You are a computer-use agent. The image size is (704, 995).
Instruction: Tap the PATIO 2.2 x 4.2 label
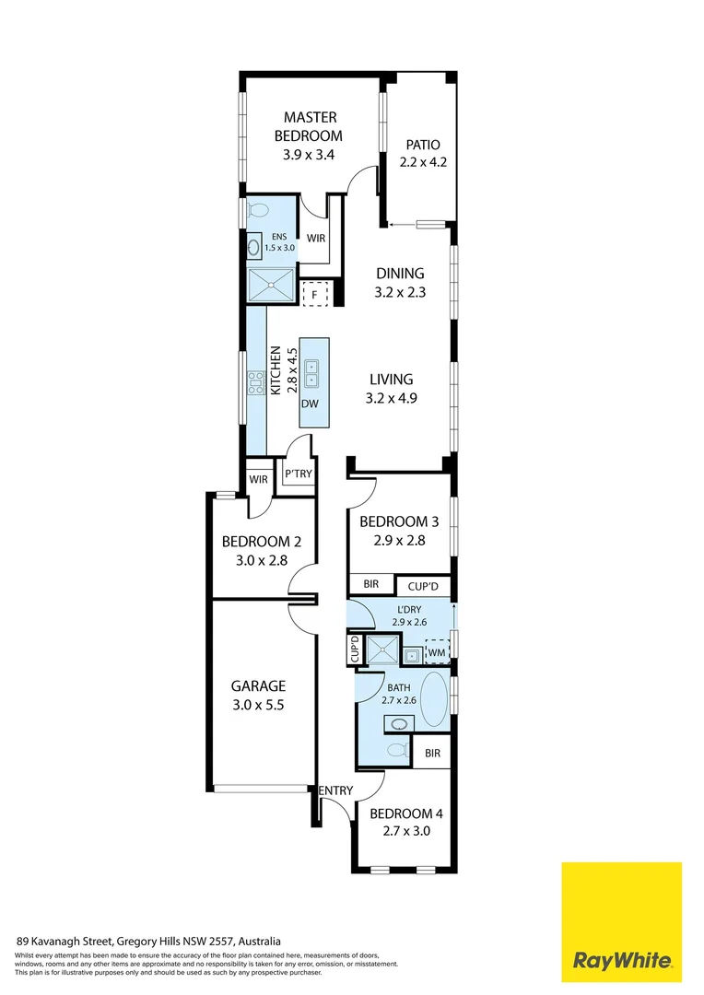pos(422,153)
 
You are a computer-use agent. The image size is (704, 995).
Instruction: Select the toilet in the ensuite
pos(257,208)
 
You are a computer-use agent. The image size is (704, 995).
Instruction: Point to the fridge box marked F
pos(314,294)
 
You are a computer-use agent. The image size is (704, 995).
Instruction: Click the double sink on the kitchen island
pos(311,371)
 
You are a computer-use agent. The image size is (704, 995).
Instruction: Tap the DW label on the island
pos(311,404)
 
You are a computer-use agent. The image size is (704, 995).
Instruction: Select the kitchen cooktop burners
pos(254,382)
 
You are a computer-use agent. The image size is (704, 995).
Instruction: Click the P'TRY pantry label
pos(298,474)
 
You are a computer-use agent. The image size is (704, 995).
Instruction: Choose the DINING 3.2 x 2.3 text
pos(400,282)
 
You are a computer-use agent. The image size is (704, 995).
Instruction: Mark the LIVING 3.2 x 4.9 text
pos(392,388)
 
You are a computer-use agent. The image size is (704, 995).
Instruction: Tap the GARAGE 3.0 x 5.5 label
pos(258,694)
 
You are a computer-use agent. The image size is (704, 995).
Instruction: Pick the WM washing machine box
pos(436,653)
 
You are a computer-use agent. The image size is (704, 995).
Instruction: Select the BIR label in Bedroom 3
pos(370,585)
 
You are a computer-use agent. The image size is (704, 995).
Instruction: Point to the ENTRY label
pos(335,790)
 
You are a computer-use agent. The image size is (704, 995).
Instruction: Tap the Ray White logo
pos(622,921)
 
